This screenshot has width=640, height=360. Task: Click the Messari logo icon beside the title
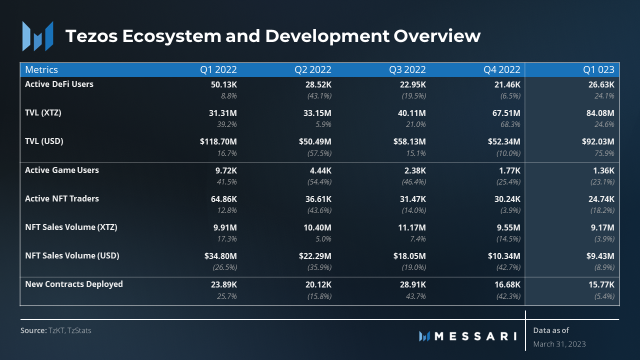pos(37,36)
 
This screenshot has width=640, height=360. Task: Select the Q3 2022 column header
pos(407,69)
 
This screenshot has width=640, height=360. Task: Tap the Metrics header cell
pos(41,69)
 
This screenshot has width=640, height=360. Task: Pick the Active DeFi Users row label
pos(59,84)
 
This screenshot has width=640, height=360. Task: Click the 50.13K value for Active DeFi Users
pos(223,84)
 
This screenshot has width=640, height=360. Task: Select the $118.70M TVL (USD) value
pos(218,141)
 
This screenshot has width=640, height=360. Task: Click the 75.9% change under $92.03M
pos(604,153)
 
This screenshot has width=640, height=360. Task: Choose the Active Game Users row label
pos(62,170)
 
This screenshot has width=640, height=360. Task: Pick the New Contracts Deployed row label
pos(74,284)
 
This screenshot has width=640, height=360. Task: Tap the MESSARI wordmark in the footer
pos(475,336)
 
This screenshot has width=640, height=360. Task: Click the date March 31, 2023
pos(559,344)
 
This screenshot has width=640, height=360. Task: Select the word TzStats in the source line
pos(80,330)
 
